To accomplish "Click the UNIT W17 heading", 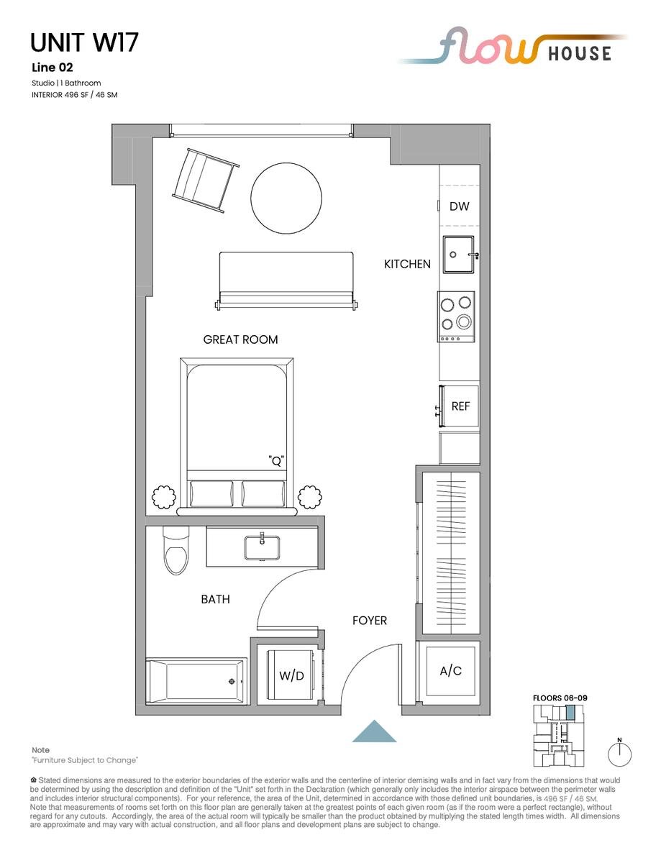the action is tap(84, 43).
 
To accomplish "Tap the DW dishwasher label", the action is tap(459, 206).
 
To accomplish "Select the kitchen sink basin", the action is tap(458, 255).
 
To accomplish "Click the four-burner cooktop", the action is tap(456, 316).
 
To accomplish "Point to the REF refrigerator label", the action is tap(460, 406).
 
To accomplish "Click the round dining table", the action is tap(286, 198).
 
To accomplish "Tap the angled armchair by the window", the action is tap(205, 181).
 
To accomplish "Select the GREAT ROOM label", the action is tap(240, 339).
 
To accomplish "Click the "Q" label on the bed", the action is tap(276, 461).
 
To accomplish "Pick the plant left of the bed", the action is tap(163, 497).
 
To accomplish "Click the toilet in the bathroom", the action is tap(176, 550).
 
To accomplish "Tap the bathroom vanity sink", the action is tap(262, 548).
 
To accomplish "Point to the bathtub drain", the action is tap(232, 682).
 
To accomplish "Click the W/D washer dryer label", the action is tap(291, 675).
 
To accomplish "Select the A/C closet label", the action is tap(450, 671).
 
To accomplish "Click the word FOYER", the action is tap(369, 621).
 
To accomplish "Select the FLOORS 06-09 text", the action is tap(560, 698).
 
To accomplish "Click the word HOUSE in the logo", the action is tap(580, 54).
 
